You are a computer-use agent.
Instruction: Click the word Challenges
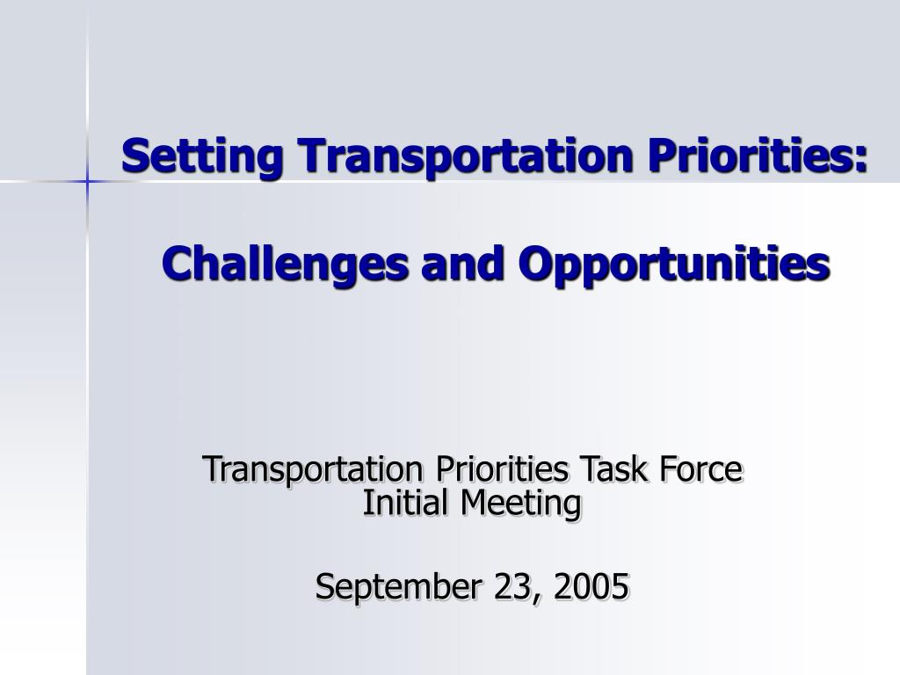tap(285, 264)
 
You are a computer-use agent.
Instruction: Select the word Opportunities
tap(674, 264)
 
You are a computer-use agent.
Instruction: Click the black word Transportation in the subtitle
tap(313, 469)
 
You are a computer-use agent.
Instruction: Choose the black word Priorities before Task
tap(502, 468)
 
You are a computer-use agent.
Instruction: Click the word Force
tap(700, 468)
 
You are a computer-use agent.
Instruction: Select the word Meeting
tap(521, 504)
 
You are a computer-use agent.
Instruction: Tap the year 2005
tap(592, 586)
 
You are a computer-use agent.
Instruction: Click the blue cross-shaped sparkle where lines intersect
tap(87, 182)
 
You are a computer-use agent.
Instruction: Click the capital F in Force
tap(669, 469)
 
